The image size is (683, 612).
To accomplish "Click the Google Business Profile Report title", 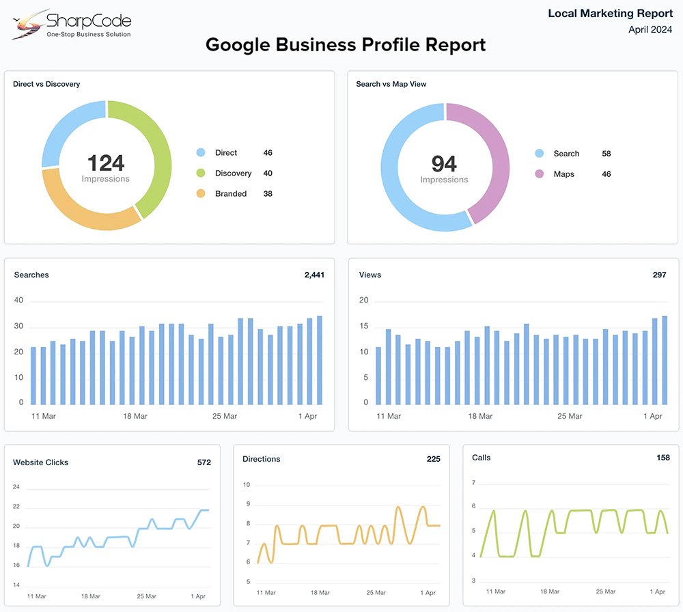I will (346, 45).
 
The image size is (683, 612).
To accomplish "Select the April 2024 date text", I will (650, 29).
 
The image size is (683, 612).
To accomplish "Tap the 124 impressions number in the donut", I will (106, 163).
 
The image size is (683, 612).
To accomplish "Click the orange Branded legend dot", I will (201, 194).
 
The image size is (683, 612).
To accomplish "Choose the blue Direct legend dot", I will (201, 153).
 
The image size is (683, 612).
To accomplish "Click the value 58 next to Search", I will (606, 154).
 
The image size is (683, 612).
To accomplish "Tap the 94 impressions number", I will (444, 164).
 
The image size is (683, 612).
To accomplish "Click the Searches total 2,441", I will (314, 275).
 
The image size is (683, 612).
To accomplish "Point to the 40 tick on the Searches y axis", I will (18, 301).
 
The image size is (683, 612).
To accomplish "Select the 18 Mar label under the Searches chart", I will (135, 416).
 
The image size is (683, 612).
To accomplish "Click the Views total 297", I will (659, 275).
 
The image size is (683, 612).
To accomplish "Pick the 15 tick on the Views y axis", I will (364, 326).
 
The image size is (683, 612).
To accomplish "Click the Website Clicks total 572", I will (204, 462).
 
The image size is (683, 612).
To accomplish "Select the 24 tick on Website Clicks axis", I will (16, 487).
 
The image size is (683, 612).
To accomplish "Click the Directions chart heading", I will (262, 459).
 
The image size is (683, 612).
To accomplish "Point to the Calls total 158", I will (663, 458).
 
